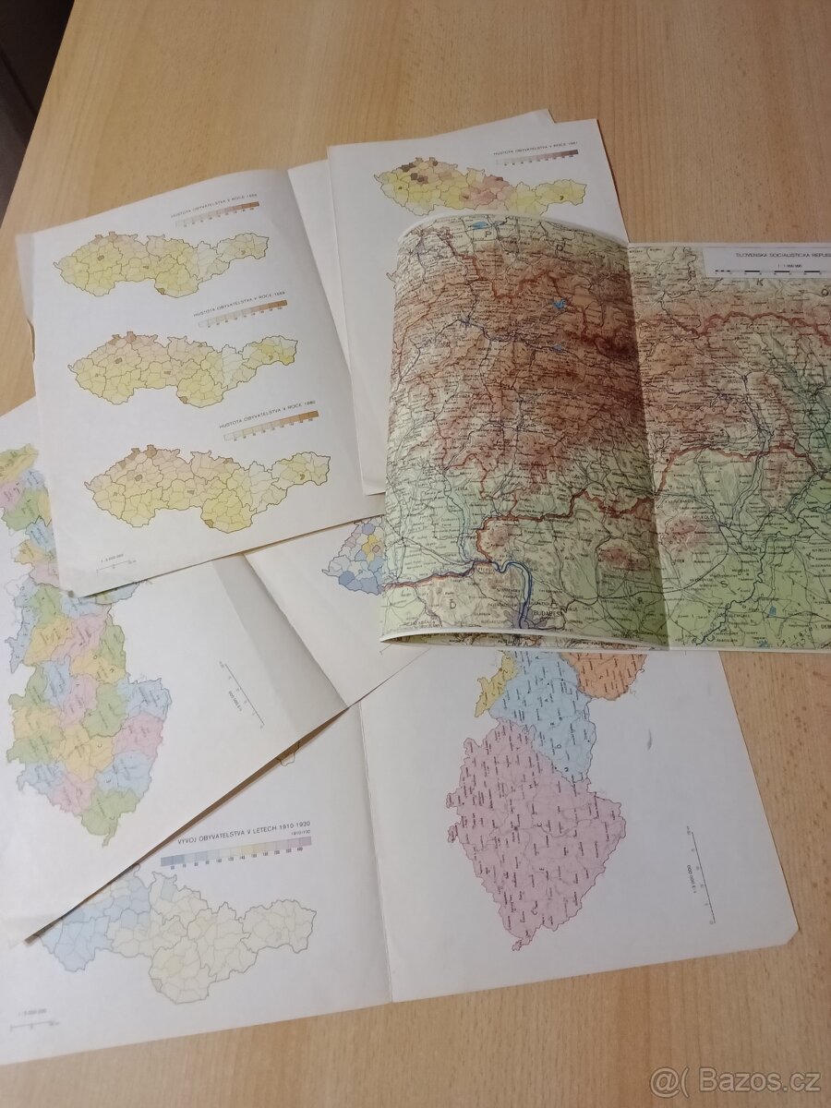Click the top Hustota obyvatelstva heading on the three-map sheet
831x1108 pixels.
point(215,211)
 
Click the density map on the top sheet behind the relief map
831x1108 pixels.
point(480,189)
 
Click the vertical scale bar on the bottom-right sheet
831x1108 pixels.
point(706,877)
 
